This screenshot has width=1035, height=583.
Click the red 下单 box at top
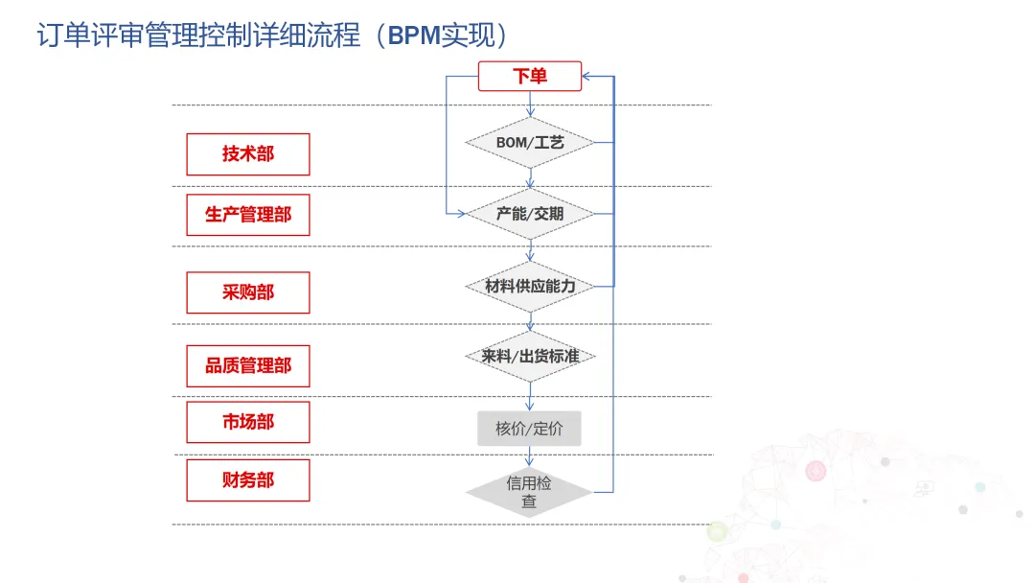530,76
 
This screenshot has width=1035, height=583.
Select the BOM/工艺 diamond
530,143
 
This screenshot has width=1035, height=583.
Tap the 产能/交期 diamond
530,214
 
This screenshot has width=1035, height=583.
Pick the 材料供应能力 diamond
530,286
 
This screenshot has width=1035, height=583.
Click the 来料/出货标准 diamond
530,356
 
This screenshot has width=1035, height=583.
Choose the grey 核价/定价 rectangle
529,429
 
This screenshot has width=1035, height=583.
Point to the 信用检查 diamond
529,492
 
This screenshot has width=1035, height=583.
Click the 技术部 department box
248,154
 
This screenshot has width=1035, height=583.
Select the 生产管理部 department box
248,215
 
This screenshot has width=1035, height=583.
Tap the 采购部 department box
248,292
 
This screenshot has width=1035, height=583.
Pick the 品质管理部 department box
248,365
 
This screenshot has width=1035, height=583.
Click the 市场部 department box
248,422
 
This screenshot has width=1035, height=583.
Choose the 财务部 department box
248,480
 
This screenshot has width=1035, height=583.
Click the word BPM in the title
414,36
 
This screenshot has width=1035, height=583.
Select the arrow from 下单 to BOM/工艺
530,104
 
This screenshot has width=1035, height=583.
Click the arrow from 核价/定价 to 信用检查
529,456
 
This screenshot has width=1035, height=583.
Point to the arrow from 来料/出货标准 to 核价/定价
529,396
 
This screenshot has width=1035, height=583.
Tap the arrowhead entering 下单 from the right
587,76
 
